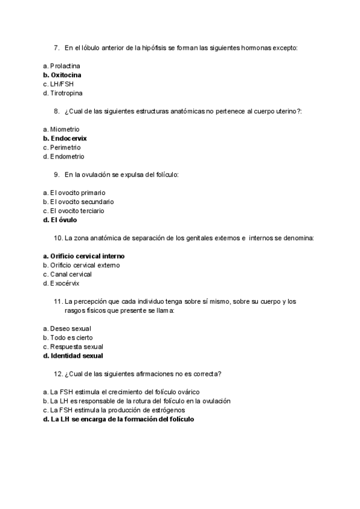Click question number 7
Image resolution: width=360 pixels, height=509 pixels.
(56, 47)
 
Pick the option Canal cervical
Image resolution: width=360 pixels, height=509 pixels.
(67, 274)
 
